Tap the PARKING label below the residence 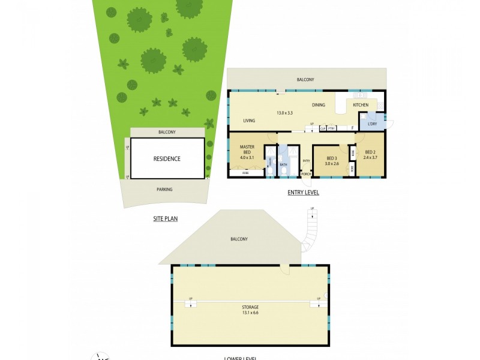pyautogui.click(x=164, y=190)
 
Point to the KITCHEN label pyautogui.click(x=361, y=106)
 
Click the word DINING pyautogui.click(x=319, y=106)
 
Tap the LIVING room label pyautogui.click(x=250, y=121)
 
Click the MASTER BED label pyautogui.click(x=247, y=149)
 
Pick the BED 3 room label pyautogui.click(x=332, y=157)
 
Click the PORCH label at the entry pyautogui.click(x=306, y=174)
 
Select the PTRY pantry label pyautogui.click(x=331, y=128)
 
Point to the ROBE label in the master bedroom pyautogui.click(x=246, y=173)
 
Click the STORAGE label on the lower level pyautogui.click(x=251, y=307)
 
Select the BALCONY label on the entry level pyautogui.click(x=305, y=79)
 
